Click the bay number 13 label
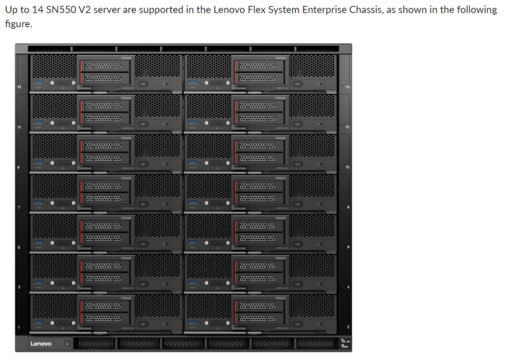19,86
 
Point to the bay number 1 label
19,326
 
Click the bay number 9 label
19,166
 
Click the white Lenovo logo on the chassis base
40,343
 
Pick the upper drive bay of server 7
107,185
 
